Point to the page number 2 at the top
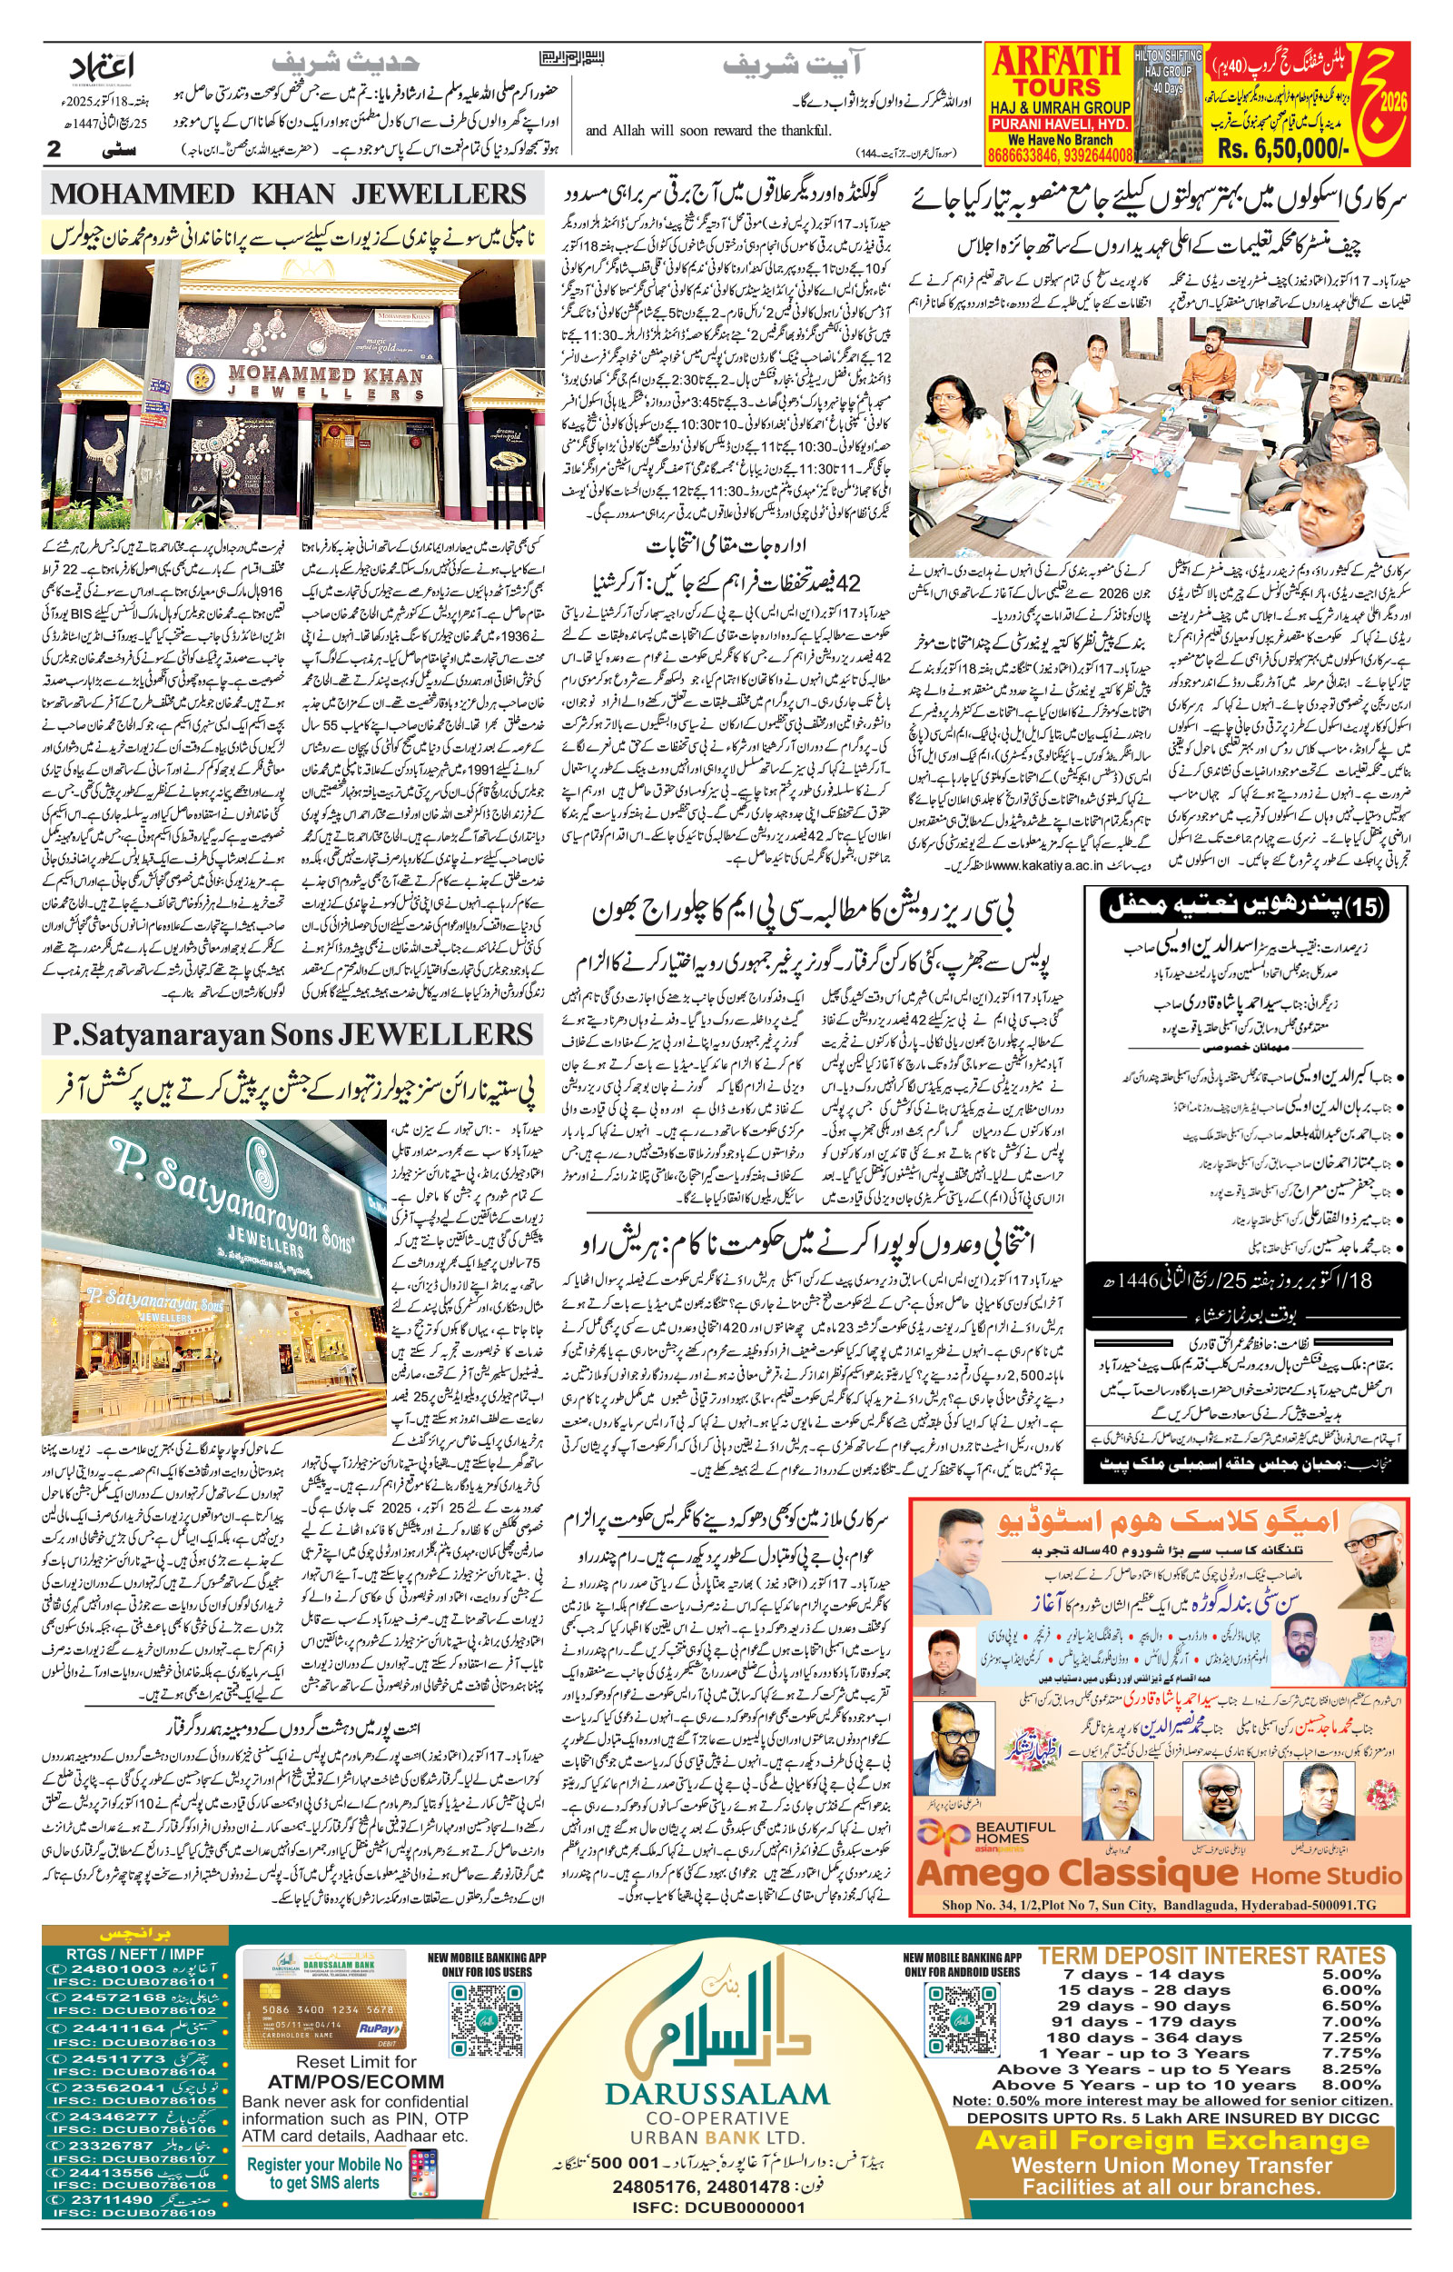point(54,149)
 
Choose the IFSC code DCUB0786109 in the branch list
point(134,2212)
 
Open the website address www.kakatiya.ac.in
point(1047,864)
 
